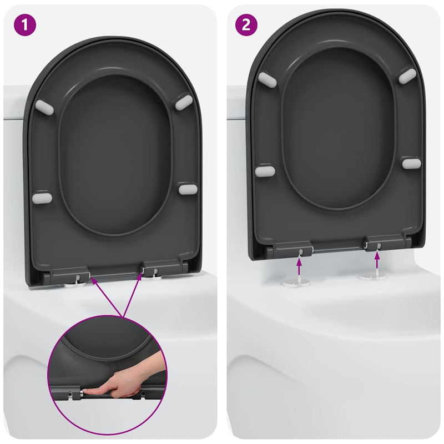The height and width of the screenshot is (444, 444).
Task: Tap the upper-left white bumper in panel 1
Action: [44, 107]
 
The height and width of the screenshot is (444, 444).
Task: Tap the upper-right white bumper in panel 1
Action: [184, 102]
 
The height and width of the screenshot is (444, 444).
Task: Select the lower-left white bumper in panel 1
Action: [42, 198]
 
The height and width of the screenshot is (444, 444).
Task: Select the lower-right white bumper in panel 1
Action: [188, 189]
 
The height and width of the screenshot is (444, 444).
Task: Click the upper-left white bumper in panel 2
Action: [267, 79]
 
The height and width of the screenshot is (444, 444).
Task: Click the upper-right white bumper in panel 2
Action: [407, 76]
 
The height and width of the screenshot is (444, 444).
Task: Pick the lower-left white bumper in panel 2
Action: [265, 171]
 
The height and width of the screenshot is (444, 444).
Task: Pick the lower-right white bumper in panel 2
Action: [411, 163]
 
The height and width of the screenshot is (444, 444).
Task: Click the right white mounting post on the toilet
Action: [372, 275]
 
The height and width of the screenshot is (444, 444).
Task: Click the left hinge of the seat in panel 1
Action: [69, 274]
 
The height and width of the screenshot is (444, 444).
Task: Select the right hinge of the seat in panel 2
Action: [385, 242]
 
